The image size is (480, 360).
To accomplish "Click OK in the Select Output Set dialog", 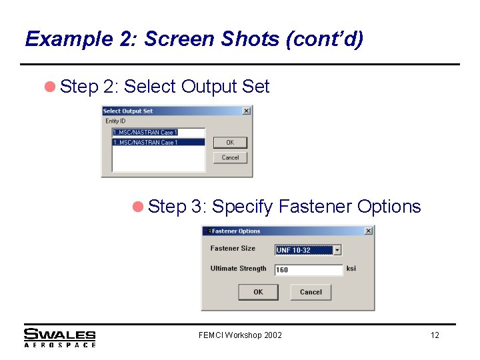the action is pos(230,143).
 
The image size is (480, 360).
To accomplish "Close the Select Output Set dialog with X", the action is pos(247,111).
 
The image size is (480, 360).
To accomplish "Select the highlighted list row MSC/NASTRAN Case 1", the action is pos(159,143).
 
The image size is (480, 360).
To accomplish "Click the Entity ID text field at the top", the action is pos(159,133).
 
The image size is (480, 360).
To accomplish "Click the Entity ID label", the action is pos(115,121).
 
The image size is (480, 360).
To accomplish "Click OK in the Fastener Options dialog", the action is pos(259,292).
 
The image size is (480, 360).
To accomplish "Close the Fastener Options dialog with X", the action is pos(369,231).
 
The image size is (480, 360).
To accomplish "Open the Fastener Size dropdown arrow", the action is pos(337,250).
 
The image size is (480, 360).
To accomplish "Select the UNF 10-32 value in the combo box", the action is pos(304,250).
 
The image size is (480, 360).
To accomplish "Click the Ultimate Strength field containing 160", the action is pos(309,270).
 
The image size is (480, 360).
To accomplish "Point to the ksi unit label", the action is pos(351,269).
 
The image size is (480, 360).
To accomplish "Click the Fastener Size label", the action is pos(233,248).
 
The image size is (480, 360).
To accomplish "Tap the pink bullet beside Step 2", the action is pos(50,87).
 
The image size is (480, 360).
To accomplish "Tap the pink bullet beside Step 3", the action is pos(138,207).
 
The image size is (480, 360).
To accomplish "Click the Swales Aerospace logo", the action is pos(60,338).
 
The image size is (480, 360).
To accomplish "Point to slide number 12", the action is pos(435,335).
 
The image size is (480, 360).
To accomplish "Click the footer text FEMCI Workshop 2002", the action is pos(240,335).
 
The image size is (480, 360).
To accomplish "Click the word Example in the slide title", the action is pos(69,39).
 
